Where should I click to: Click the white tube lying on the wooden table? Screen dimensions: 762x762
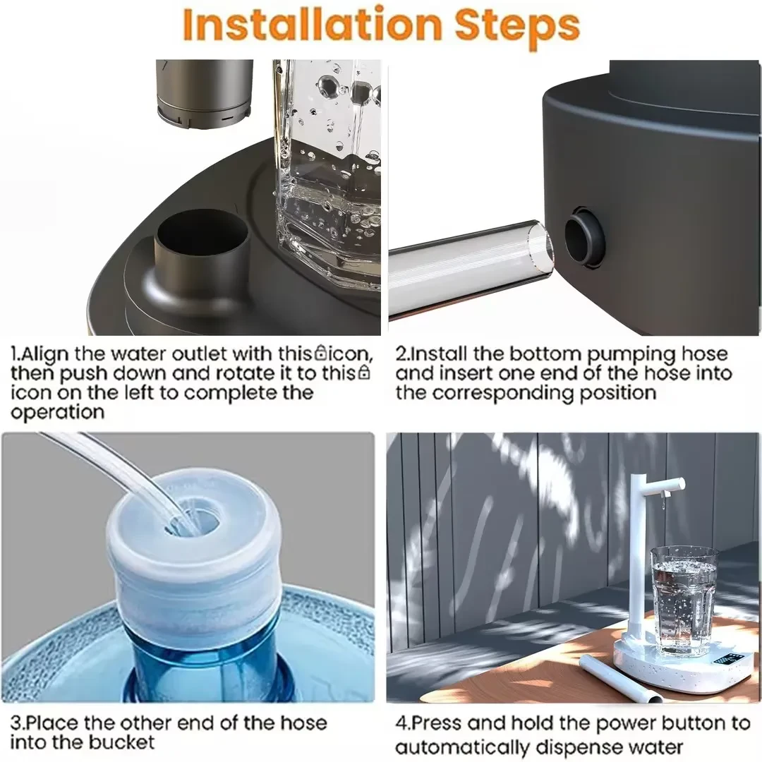click(620, 678)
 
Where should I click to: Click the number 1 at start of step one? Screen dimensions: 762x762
click(15, 353)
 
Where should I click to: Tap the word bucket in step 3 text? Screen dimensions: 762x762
click(121, 742)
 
